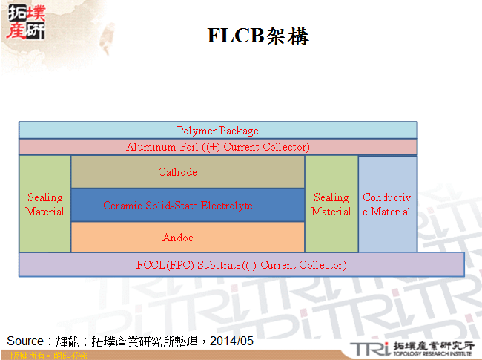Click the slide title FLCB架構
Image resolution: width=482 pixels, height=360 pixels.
257,36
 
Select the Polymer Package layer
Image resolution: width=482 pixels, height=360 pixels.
217,131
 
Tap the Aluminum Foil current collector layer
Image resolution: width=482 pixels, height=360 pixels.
217,147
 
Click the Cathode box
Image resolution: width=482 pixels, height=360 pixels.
188,172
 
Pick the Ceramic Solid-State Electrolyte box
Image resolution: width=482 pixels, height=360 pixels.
188,205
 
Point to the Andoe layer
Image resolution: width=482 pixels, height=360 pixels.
188,238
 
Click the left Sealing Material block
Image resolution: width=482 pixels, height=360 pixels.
44,204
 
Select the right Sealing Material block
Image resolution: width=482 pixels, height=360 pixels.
331,204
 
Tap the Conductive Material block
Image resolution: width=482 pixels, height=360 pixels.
387,204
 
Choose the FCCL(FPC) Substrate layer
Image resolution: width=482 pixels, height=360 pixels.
241,264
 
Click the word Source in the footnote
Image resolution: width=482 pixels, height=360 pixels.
24,341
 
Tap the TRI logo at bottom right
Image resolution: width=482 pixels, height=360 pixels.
366,347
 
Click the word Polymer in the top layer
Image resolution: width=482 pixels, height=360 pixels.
194,131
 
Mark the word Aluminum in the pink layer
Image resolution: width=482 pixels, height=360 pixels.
150,147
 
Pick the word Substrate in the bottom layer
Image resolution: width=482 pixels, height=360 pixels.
217,265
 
